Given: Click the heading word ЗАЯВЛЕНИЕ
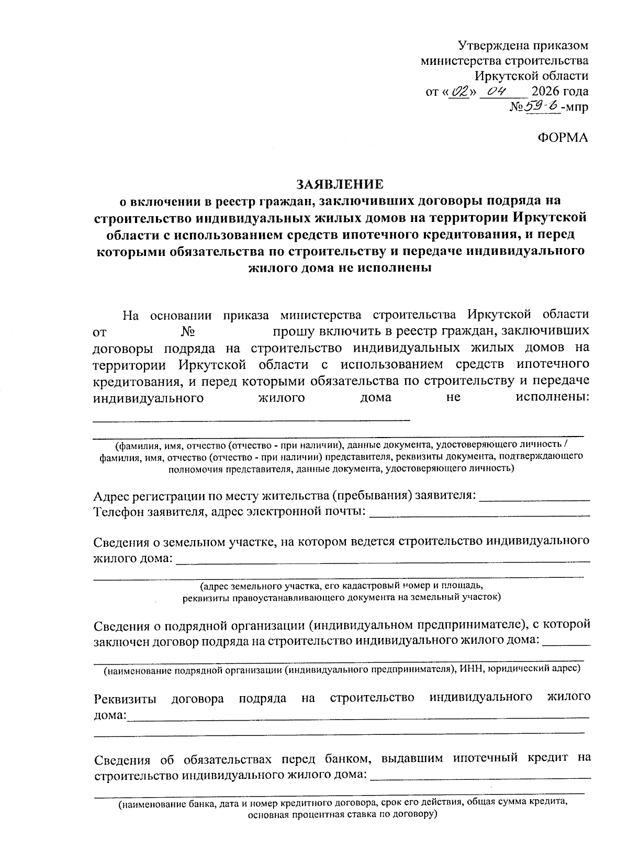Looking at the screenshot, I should click(340, 184).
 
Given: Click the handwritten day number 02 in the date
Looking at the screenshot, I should click(461, 91).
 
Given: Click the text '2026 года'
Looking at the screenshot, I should click(560, 92).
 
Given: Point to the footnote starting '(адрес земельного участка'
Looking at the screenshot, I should click(338, 585).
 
